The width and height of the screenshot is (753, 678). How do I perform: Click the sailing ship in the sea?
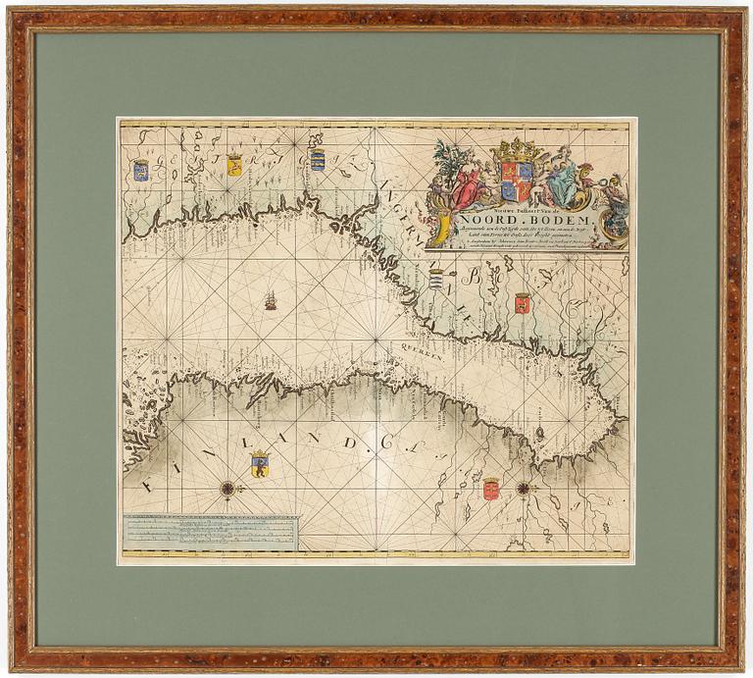coord(271,299)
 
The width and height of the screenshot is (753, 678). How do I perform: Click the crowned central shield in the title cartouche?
coord(517,181)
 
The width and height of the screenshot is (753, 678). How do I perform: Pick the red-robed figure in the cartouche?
coord(469,183)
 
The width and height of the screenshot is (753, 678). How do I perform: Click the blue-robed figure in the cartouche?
coord(563,183)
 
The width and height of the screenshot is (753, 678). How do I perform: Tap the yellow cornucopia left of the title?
coord(444,228)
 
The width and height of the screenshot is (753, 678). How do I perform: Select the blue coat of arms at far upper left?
coord(141,170)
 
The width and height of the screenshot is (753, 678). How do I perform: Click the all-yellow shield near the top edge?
coord(234,165)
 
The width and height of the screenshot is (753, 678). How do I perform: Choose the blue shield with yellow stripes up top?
coord(318,160)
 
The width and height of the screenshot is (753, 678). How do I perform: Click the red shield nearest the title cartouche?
coord(523,302)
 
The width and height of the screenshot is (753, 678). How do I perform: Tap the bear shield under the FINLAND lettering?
coord(260,463)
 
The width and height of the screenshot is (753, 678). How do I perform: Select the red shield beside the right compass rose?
coord(491,488)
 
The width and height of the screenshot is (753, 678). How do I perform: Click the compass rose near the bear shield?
coord(228,488)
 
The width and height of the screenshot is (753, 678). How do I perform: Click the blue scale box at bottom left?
coord(210,533)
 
